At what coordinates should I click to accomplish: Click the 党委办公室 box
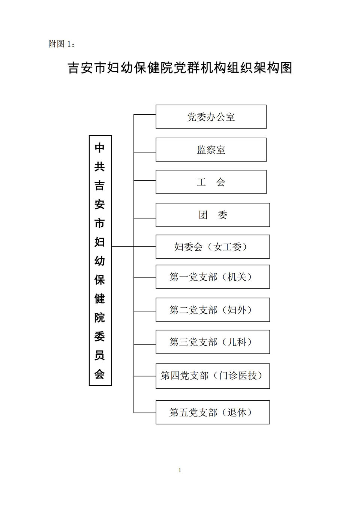coord(211,117)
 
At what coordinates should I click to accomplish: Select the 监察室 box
coord(211,150)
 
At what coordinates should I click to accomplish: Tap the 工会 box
coord(211,182)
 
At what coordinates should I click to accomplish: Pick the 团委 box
coord(213,215)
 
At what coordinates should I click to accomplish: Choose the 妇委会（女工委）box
coord(213,247)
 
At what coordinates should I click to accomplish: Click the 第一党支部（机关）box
coord(213,277)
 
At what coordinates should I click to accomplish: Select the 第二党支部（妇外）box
coord(213,310)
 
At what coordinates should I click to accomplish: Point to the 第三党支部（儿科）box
coord(213,342)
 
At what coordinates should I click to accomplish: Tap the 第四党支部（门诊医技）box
coord(213,376)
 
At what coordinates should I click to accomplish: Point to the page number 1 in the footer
coord(180,470)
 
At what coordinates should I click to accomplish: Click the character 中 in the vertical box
coord(100,148)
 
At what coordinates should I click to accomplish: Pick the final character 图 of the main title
coord(286,68)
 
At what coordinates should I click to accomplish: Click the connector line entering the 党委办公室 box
coord(145,114)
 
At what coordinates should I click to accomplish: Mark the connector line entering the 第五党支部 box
coord(145,413)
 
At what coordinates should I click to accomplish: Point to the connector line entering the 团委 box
coord(145,218)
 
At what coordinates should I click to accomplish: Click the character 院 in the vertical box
coord(100,317)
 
